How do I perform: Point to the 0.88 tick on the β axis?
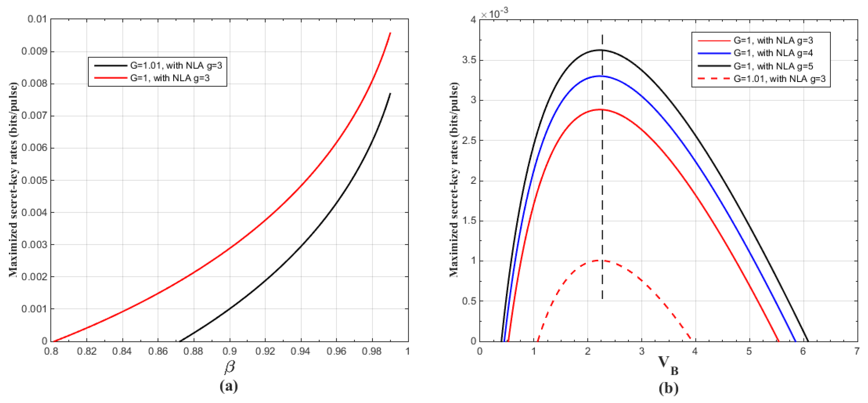(x=193, y=351)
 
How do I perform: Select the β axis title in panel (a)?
(x=229, y=367)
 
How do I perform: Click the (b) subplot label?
(x=668, y=388)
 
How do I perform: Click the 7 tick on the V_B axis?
(x=856, y=351)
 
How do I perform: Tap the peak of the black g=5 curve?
(x=601, y=50)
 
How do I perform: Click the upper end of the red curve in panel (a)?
(x=390, y=33)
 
